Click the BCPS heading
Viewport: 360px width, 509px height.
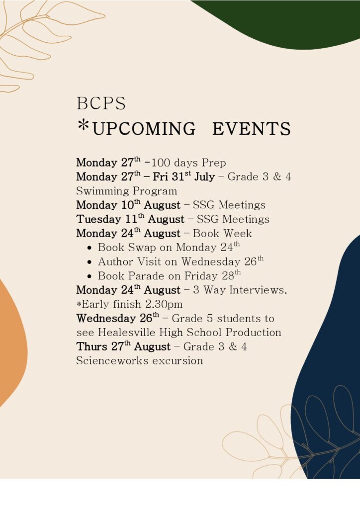(101, 103)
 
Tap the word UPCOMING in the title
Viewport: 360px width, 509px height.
(144, 128)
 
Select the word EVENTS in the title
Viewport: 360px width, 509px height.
(252, 128)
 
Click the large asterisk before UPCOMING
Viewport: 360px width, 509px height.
(84, 125)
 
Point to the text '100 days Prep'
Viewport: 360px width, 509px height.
(188, 163)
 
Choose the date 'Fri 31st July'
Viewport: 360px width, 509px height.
(184, 176)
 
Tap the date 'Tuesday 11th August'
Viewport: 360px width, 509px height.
(130, 219)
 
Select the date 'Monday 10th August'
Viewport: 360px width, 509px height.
(128, 205)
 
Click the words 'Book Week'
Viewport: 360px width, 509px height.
(222, 234)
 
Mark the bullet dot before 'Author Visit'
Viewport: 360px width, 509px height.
(90, 262)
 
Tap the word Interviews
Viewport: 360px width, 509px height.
(258, 290)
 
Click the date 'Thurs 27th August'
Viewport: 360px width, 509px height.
(123, 346)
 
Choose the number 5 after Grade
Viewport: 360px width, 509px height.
(210, 319)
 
